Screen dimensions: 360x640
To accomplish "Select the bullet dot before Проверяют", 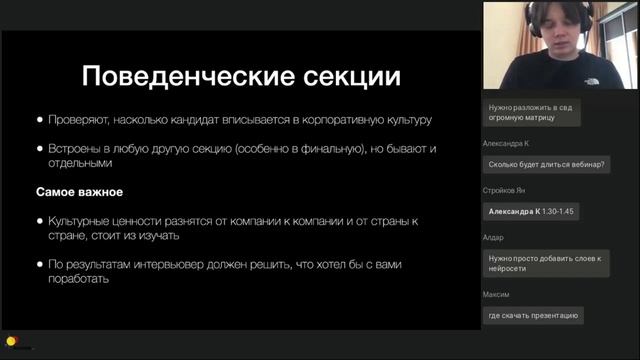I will tap(40, 120).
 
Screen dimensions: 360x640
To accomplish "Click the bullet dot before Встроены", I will tap(40, 149).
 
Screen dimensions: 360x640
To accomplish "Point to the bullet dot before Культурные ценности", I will tap(40, 219).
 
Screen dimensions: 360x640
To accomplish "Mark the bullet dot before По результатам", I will tap(40, 264).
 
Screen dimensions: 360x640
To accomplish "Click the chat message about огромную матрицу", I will tap(531, 111).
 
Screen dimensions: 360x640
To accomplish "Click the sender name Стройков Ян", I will tap(504, 190).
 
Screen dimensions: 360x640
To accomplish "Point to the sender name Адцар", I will tap(493, 237).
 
